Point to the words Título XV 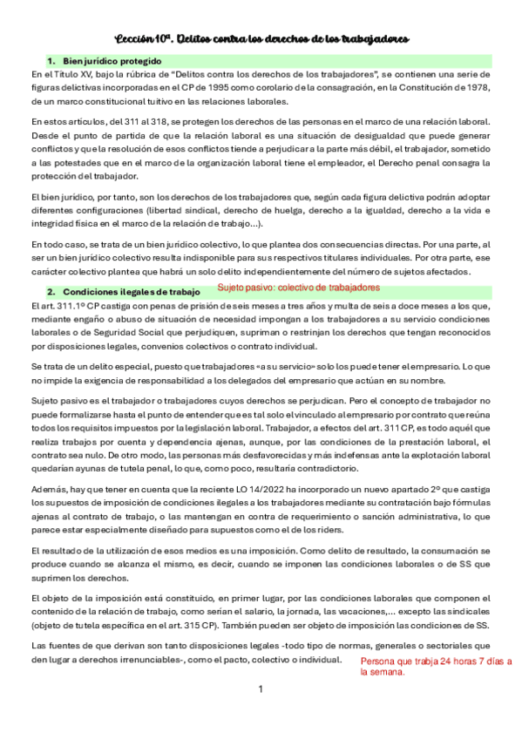(66, 76)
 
